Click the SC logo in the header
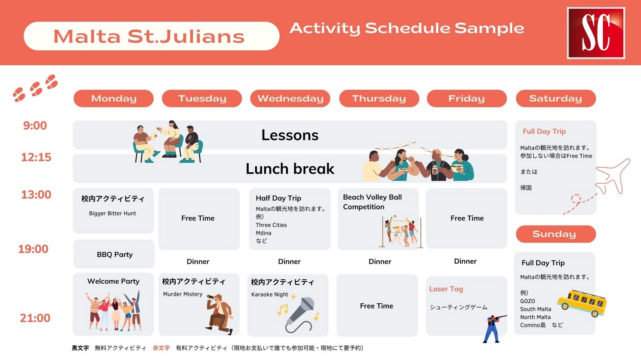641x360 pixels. pos(596,33)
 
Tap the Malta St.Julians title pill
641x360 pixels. pos(151,36)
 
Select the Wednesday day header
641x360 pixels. pos(290,98)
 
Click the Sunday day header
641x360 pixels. pos(556,234)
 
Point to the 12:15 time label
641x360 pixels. pos(36,157)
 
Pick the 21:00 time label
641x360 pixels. pos(35,318)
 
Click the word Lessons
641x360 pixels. pos(290,135)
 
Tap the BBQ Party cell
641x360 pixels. pos(114,254)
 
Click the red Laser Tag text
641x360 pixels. pos(446,289)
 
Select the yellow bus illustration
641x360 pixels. pos(582,303)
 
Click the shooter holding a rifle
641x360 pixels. pos(494,329)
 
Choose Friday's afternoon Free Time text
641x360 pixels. pos(467,218)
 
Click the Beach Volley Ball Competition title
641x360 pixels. pos(372,202)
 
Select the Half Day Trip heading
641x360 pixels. pos(278,198)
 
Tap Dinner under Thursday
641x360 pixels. pos(380,262)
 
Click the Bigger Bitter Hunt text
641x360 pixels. pos(113,214)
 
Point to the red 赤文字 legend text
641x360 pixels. pos(161,348)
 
